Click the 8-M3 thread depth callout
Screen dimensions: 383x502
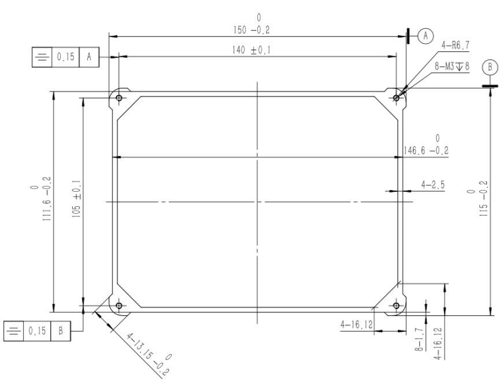452,65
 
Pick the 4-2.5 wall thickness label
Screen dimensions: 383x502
433,185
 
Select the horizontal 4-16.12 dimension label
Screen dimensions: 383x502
356,324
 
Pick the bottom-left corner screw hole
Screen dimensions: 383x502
119,306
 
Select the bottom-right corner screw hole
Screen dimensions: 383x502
395,306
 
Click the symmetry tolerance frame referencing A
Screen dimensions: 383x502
65,57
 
